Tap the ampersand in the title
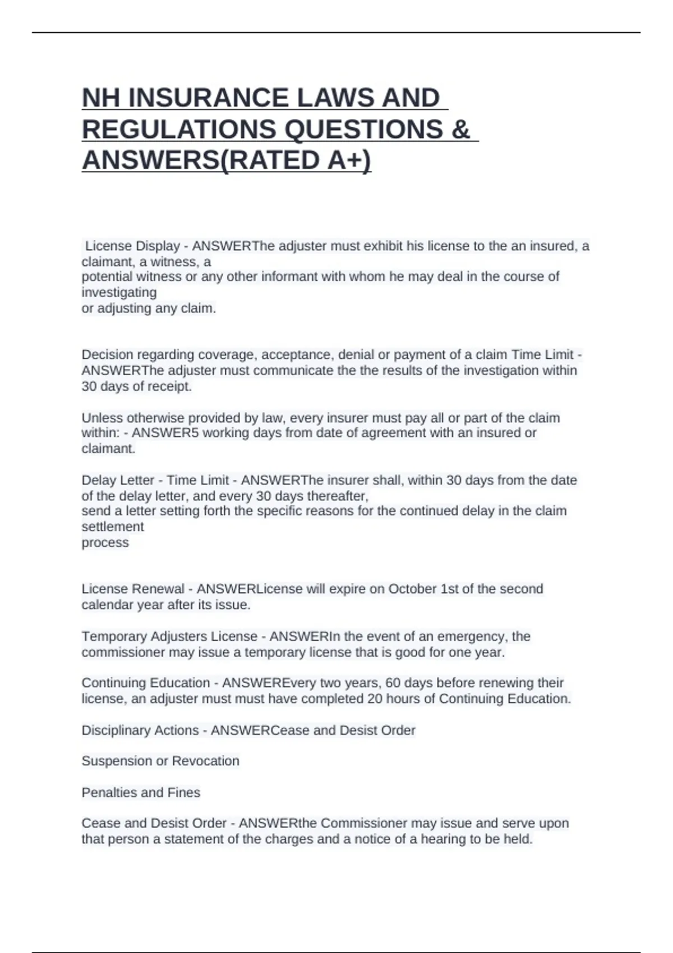[x=460, y=129]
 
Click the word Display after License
[x=158, y=246]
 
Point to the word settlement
[x=113, y=527]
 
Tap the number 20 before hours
[x=375, y=699]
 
